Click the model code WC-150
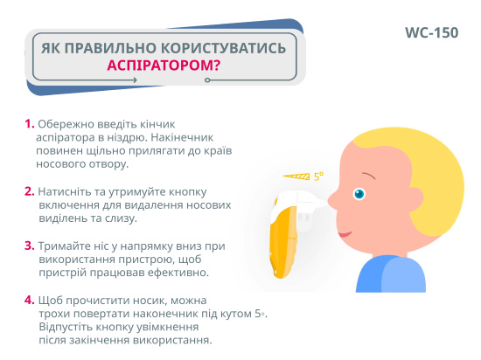point(432,33)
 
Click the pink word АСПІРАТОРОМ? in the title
point(164,66)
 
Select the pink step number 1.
point(29,124)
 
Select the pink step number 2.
point(29,191)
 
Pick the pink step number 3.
point(29,246)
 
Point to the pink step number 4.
point(29,300)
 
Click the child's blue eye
point(359,194)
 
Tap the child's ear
point(415,199)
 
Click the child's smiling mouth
point(345,234)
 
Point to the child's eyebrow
point(369,176)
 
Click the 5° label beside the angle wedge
point(318,177)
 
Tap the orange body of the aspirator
point(283,242)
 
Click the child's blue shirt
point(391,274)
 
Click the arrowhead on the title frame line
point(135,80)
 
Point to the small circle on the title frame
point(207,80)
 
